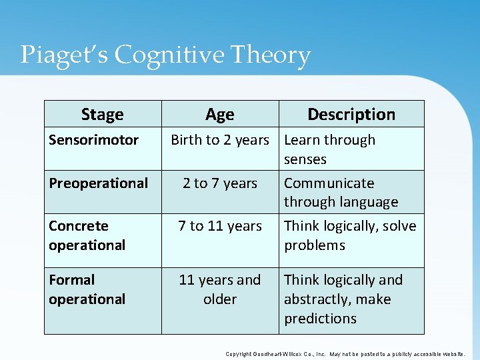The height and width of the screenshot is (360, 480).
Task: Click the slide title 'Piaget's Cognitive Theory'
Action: (x=165, y=55)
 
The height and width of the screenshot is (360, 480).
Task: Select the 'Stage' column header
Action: (x=102, y=114)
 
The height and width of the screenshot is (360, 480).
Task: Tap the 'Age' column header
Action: (x=219, y=115)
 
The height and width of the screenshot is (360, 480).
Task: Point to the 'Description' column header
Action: (x=351, y=114)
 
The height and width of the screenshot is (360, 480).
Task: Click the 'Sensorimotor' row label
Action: (x=93, y=140)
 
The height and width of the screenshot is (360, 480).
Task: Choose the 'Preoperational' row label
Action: (x=98, y=183)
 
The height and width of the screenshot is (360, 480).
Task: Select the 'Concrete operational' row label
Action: (x=87, y=235)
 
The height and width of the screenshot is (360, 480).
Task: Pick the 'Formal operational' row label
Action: (x=87, y=289)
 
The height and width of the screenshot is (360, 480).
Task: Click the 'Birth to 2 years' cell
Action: (x=219, y=140)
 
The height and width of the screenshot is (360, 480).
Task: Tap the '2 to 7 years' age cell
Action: (x=219, y=183)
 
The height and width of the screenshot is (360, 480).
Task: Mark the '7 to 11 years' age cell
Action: (x=219, y=226)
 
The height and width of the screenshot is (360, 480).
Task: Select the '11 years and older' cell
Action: (x=219, y=289)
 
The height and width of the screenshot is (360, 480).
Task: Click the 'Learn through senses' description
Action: (x=329, y=149)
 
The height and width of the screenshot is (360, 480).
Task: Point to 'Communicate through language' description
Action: (x=341, y=192)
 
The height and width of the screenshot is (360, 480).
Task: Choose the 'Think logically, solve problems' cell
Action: (x=350, y=235)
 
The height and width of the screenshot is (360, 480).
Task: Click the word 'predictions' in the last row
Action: (x=320, y=319)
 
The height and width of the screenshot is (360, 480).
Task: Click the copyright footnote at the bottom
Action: (x=345, y=354)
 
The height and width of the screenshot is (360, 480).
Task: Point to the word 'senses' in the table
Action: (x=305, y=159)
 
